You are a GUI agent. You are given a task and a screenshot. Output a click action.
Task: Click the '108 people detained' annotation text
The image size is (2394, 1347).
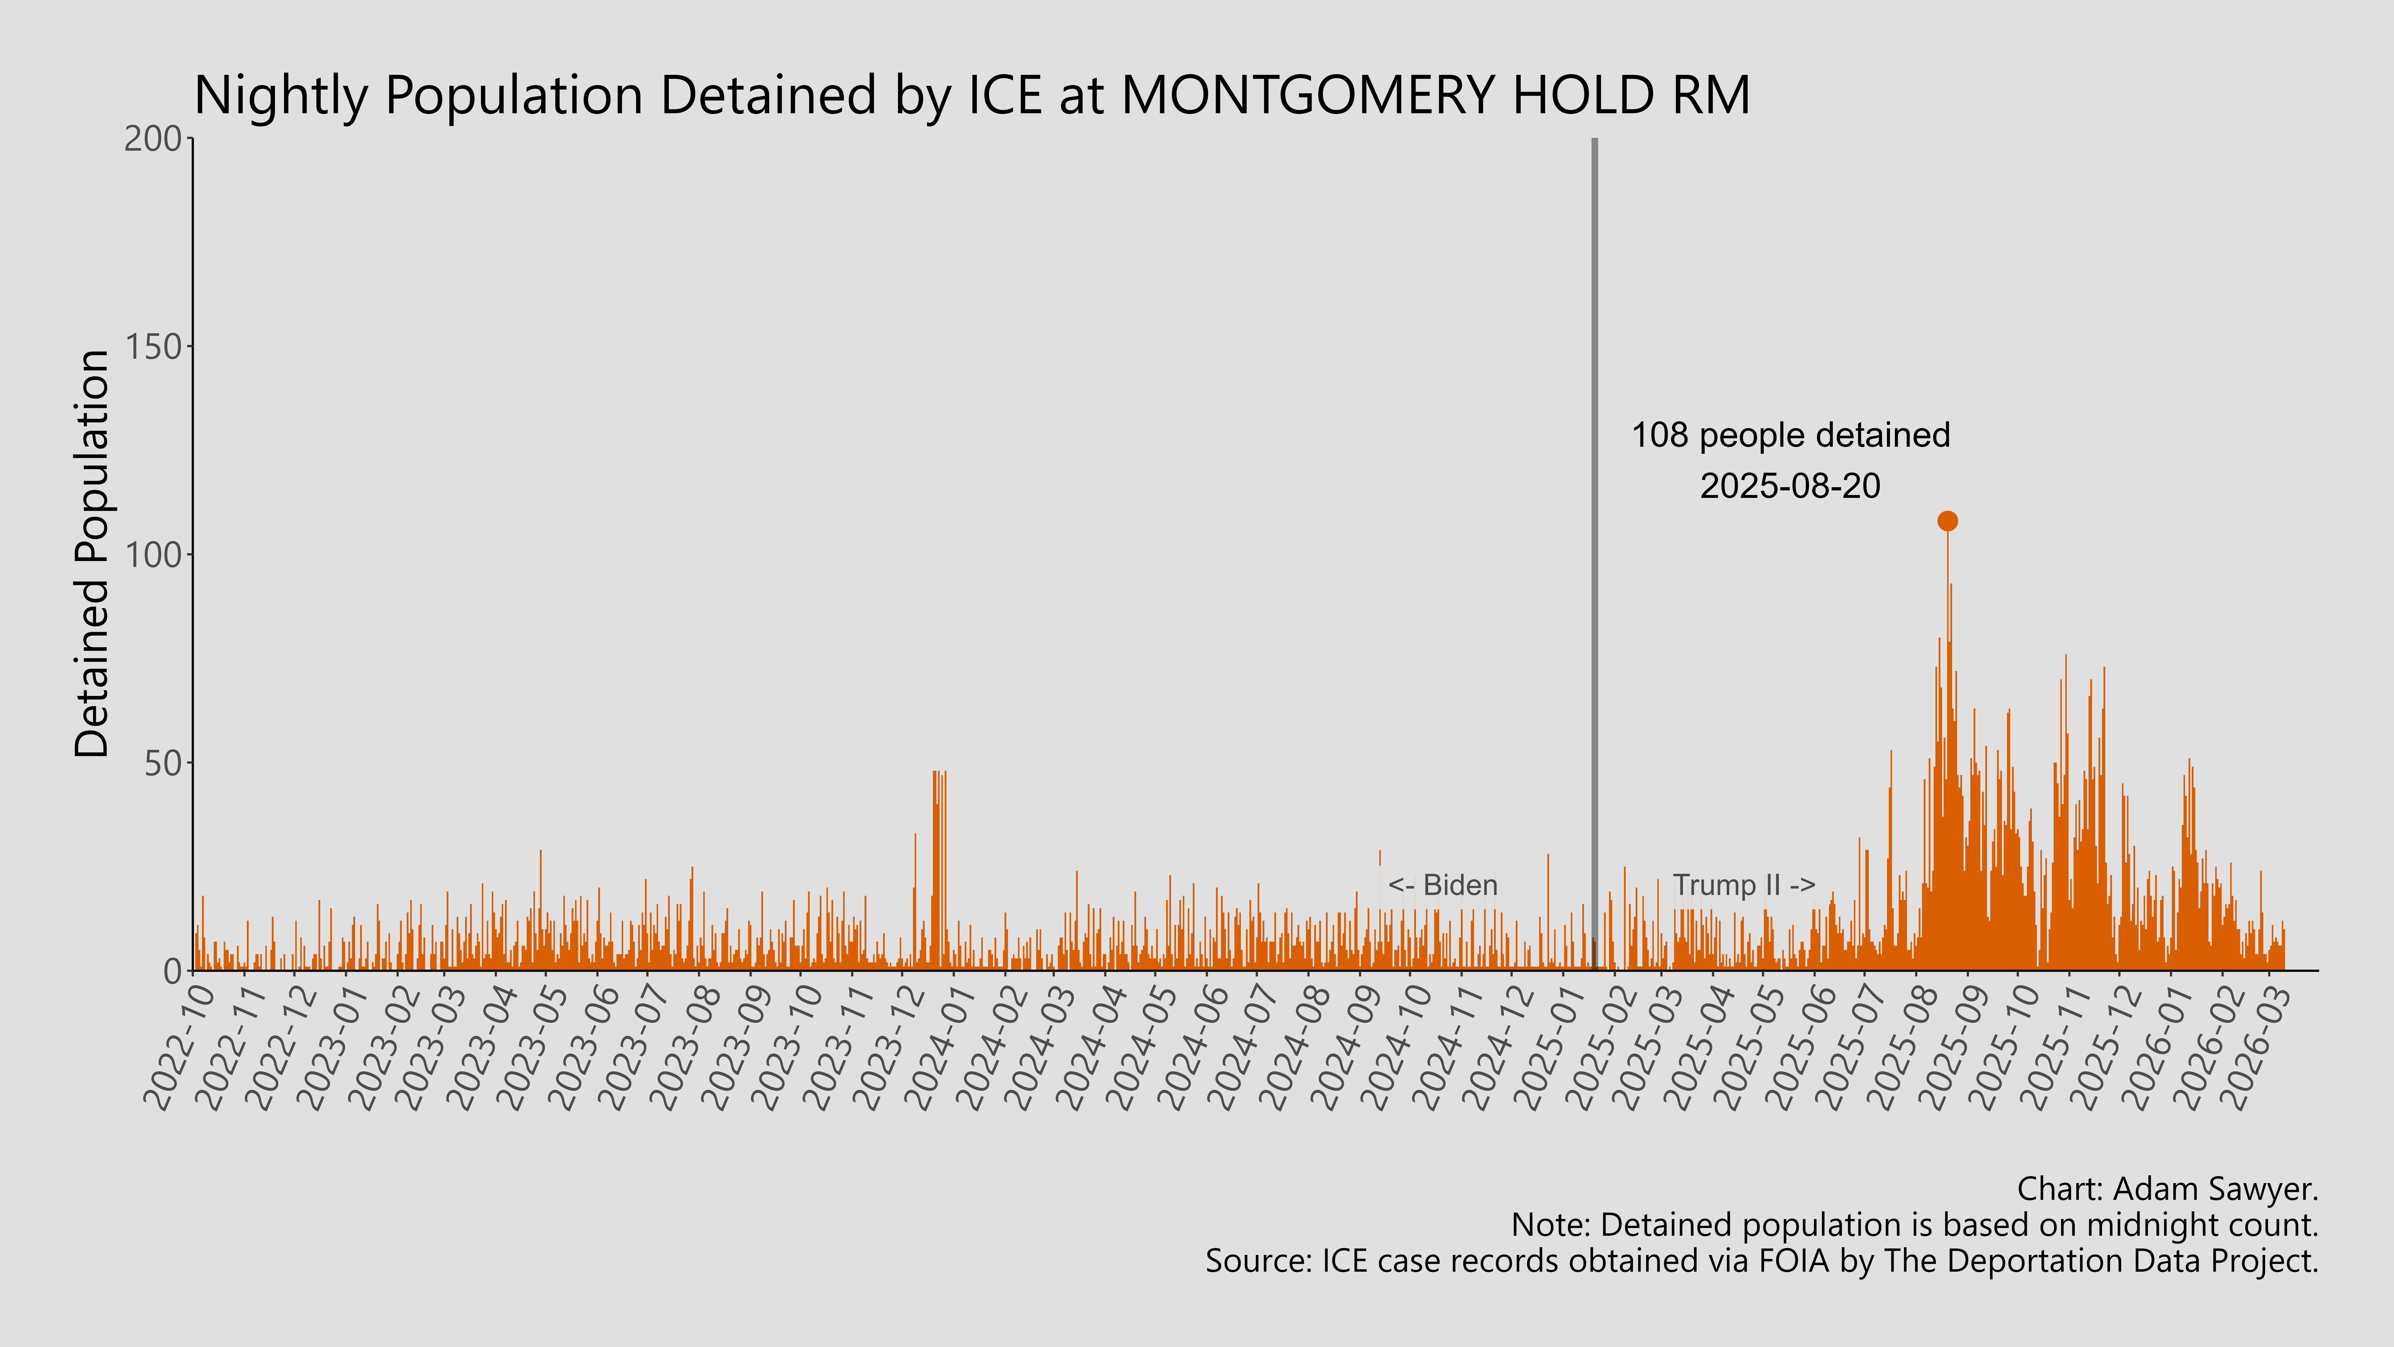(1790, 435)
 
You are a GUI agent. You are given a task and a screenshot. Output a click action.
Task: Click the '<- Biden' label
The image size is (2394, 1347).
(1442, 885)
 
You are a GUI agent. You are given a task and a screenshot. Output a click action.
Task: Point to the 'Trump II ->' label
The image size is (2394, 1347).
(1743, 885)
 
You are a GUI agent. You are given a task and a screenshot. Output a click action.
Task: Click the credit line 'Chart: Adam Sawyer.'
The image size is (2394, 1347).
(2167, 1189)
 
